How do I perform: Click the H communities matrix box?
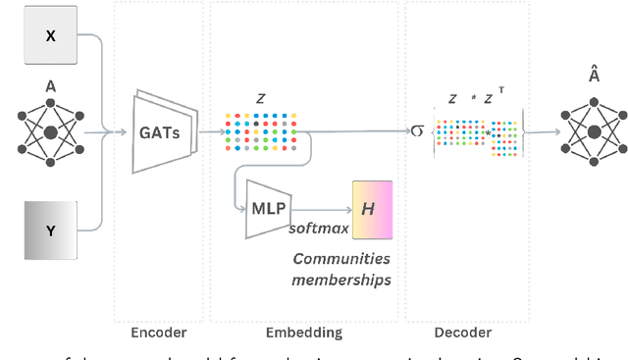coord(372,209)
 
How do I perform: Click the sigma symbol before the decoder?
coord(417,129)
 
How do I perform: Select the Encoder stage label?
coord(158,333)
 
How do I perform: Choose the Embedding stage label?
coord(305,333)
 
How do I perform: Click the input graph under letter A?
coord(50,129)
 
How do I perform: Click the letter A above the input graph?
coord(50,86)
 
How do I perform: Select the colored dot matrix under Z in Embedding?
coord(261,131)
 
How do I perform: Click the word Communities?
coord(341,259)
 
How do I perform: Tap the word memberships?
coord(341,280)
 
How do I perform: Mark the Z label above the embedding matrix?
coord(260,98)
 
